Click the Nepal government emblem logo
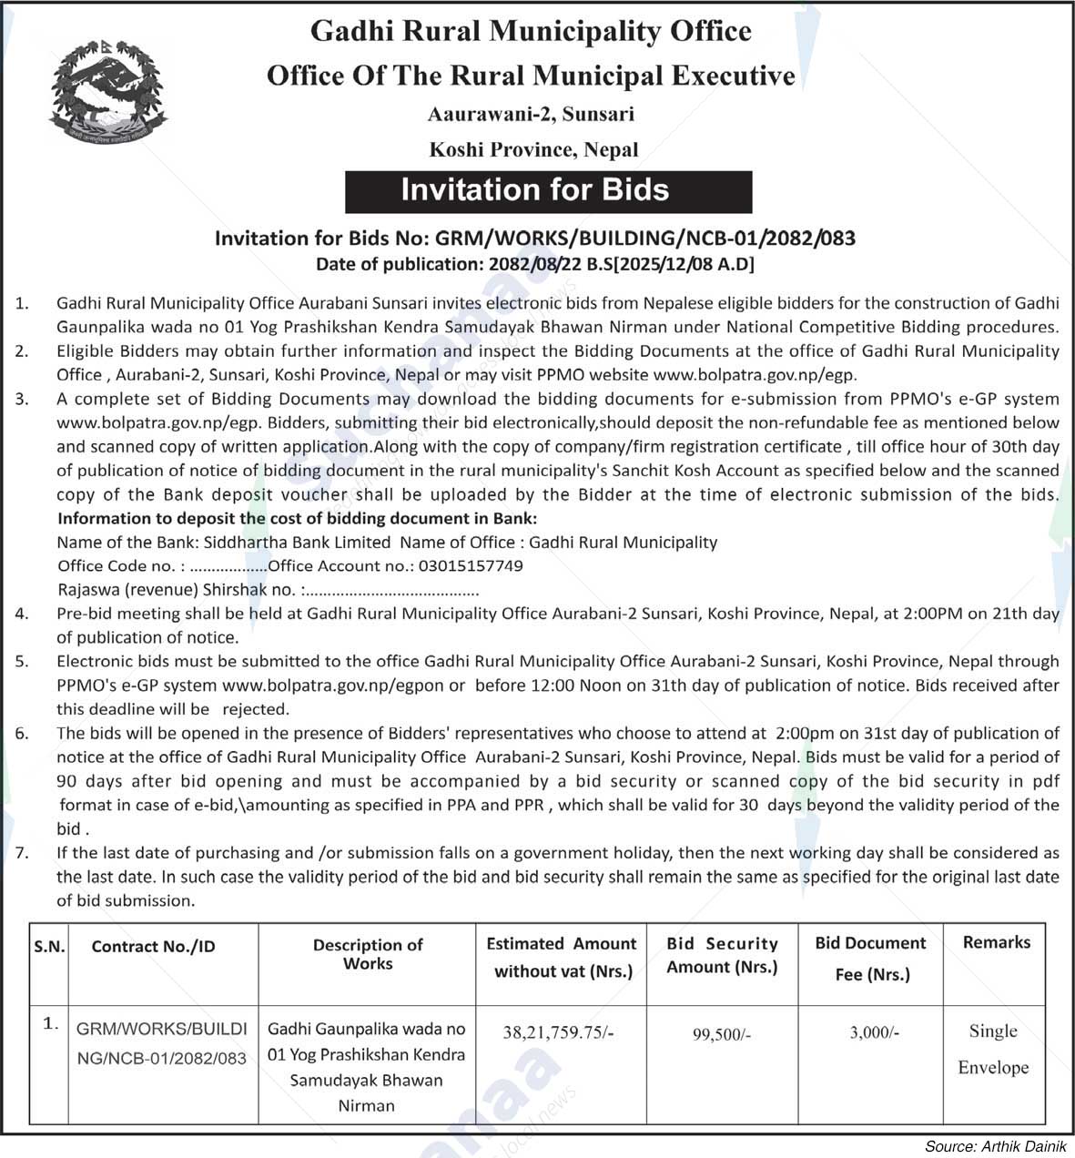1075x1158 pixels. (x=108, y=93)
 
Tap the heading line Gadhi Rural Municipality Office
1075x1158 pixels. (x=531, y=32)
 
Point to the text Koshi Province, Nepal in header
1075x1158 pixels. (x=533, y=149)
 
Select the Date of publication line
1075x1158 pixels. (x=534, y=265)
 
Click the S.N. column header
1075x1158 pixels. (x=49, y=947)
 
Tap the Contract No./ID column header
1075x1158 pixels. (x=154, y=947)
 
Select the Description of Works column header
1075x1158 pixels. (x=368, y=954)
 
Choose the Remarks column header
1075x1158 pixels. (x=997, y=942)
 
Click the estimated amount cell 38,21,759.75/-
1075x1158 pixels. (x=559, y=1032)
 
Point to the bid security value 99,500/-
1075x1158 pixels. (x=722, y=1034)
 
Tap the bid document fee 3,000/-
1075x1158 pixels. (x=874, y=1032)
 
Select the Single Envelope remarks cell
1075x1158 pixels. (x=993, y=1049)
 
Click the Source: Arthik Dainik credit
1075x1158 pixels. (x=995, y=1145)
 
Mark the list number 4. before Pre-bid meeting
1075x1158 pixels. (x=22, y=614)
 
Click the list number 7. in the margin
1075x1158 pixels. (x=22, y=853)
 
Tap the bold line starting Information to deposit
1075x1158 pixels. (x=298, y=518)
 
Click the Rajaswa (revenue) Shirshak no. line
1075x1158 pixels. (x=268, y=589)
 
